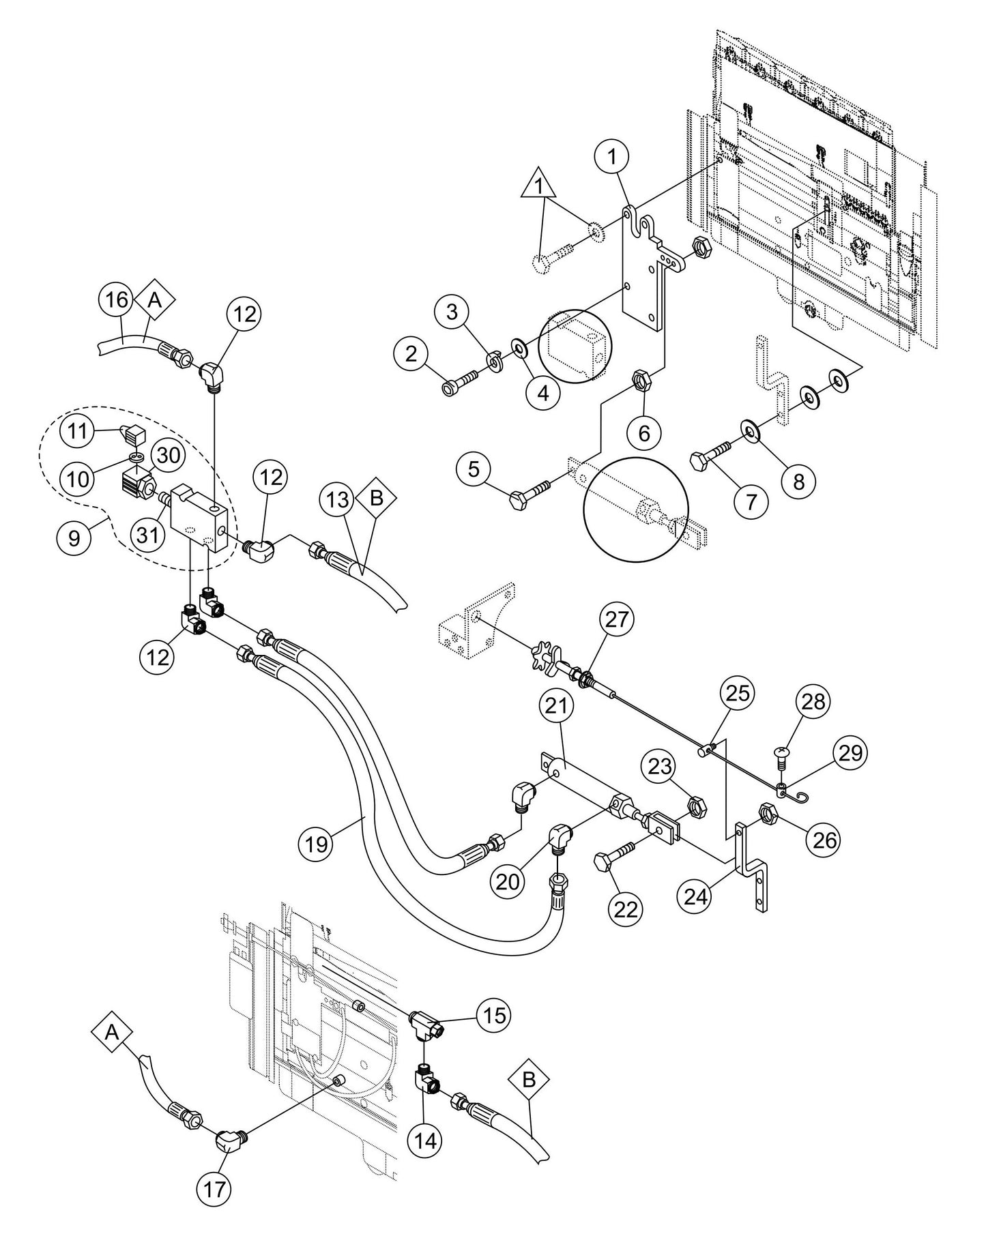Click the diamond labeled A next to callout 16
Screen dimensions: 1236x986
tap(154, 301)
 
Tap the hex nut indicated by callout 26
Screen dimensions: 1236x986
tap(766, 812)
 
